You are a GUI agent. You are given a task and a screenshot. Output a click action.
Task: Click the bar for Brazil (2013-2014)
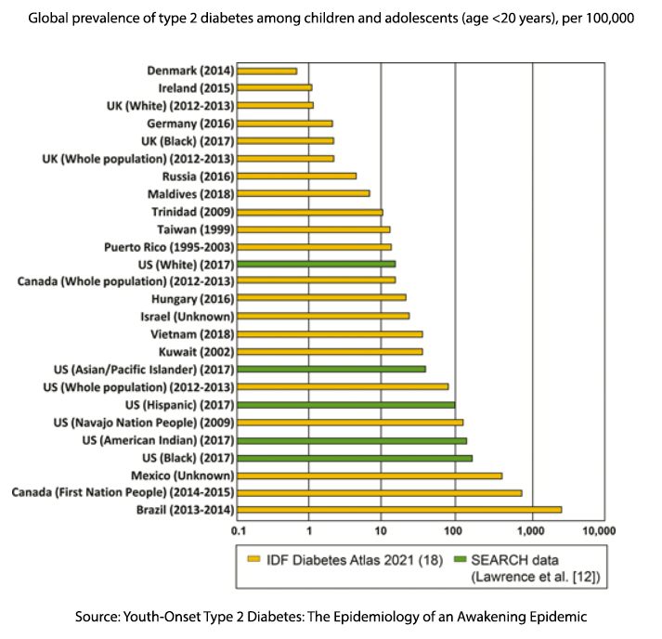point(399,509)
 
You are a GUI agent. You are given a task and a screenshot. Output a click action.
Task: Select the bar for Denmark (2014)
point(267,71)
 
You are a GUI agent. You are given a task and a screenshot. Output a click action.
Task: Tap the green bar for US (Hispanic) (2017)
point(346,405)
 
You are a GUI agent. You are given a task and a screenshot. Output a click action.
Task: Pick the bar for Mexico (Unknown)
point(370,475)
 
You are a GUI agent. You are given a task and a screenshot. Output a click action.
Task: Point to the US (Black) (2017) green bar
point(355,457)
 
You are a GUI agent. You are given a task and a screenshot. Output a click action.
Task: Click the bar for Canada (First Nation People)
point(380,492)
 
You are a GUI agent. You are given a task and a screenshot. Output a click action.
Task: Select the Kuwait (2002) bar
point(330,352)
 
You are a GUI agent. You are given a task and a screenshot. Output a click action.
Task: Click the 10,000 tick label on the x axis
point(598,531)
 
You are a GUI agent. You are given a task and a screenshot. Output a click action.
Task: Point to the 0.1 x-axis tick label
point(239,531)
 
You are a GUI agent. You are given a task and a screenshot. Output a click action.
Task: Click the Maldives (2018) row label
point(190,194)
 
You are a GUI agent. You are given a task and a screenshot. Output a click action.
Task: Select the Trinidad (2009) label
point(192,212)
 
